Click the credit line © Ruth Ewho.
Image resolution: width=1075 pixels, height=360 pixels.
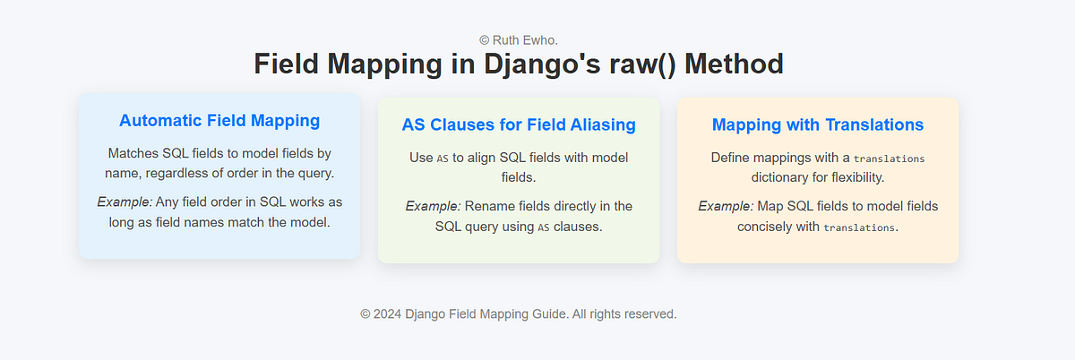[x=519, y=39]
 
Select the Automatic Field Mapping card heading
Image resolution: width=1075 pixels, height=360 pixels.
[x=219, y=120]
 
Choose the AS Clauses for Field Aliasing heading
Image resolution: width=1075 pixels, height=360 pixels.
[x=519, y=124]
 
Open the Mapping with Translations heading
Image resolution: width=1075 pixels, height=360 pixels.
[x=817, y=124]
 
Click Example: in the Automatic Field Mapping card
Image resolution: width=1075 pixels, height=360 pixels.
[x=124, y=201]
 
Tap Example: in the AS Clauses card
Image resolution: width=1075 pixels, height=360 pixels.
[x=433, y=206]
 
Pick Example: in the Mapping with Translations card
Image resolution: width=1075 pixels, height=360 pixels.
[x=726, y=206]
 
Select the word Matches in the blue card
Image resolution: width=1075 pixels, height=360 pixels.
[x=132, y=153]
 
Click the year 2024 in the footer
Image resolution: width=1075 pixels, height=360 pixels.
[x=387, y=314]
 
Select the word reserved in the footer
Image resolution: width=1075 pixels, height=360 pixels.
[x=648, y=314]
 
